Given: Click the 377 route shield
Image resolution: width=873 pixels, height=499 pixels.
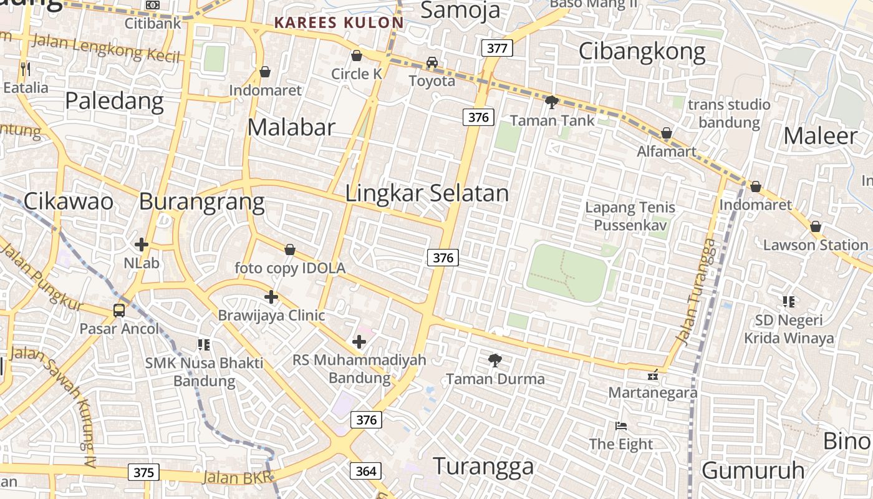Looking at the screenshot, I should click(x=497, y=48).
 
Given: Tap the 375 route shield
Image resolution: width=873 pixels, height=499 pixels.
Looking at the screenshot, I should click(x=143, y=472).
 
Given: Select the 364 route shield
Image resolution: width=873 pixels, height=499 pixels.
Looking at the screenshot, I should click(x=366, y=471).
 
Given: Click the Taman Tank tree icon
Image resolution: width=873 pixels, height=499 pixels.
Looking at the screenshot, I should click(x=551, y=102).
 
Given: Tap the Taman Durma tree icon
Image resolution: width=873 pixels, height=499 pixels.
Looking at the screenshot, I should click(x=495, y=360).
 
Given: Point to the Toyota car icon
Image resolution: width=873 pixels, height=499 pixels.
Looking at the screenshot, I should click(x=432, y=62).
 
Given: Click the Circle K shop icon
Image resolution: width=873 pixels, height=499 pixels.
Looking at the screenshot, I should click(x=357, y=56).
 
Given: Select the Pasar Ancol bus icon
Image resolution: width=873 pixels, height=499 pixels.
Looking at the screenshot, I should click(x=118, y=310).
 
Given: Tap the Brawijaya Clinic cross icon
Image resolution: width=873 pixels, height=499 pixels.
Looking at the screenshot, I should click(x=271, y=297).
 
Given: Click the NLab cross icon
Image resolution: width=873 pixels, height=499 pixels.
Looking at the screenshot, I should click(x=142, y=245).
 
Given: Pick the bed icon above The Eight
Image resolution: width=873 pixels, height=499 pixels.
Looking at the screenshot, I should click(x=621, y=426).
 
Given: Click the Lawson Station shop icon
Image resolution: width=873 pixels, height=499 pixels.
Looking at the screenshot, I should click(x=815, y=226).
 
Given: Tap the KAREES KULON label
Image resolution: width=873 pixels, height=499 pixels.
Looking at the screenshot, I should click(x=339, y=23).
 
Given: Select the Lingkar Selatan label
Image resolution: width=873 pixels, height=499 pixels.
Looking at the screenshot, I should click(x=427, y=193).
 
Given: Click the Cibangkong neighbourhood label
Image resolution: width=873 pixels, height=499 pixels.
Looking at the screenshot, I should click(x=642, y=51).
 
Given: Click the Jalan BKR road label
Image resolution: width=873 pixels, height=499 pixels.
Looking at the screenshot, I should click(x=237, y=478).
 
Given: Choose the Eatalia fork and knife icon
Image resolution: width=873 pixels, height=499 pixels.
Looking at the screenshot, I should click(x=25, y=69).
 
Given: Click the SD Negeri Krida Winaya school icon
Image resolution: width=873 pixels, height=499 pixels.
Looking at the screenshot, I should click(x=788, y=302).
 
